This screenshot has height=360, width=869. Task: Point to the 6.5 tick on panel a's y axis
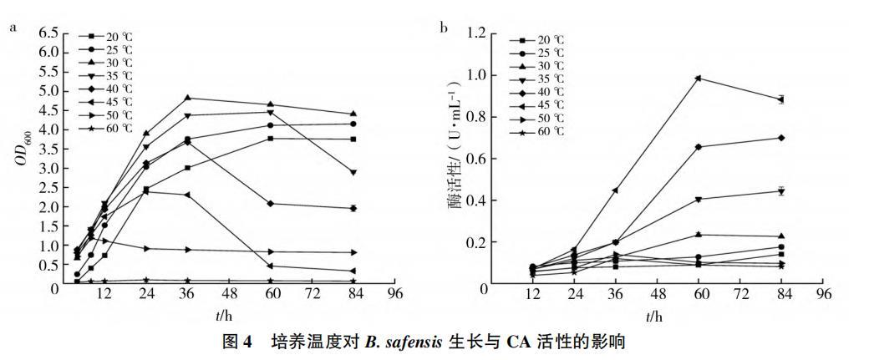tap(48, 33)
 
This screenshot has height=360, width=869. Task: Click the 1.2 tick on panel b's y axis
tap(476, 33)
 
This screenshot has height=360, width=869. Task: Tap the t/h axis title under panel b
tap(653, 316)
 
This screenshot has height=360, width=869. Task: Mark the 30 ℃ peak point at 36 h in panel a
tap(187, 98)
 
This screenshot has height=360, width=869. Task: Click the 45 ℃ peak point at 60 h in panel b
tap(699, 79)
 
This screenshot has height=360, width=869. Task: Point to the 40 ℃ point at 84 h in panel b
tap(780, 138)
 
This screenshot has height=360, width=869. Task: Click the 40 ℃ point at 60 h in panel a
tap(270, 204)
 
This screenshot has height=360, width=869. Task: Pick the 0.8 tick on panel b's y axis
tap(476, 117)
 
